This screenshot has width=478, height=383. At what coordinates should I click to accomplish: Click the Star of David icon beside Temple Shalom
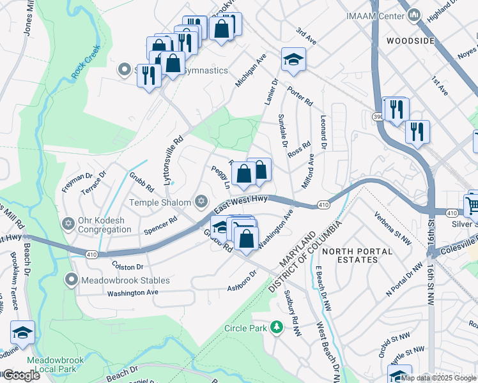pyautogui.click(x=201, y=202)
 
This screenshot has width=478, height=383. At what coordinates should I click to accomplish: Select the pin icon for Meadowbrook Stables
pyautogui.click(x=73, y=280)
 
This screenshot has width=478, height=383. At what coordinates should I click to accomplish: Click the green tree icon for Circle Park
pyautogui.click(x=277, y=328)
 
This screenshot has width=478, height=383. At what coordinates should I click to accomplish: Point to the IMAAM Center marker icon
pyautogui.click(x=414, y=15)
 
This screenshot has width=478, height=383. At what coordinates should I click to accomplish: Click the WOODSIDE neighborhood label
pyautogui.click(x=411, y=41)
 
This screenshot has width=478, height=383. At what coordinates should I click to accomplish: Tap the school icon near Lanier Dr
pyautogui.click(x=293, y=59)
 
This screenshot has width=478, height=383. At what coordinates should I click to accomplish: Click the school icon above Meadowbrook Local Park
pyautogui.click(x=22, y=333)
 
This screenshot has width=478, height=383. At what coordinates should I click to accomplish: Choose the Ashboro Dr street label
pyautogui.click(x=242, y=282)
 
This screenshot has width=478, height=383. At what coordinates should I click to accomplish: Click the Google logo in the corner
pyautogui.click(x=21, y=375)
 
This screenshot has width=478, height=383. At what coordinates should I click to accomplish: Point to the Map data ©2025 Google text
pyautogui.click(x=438, y=377)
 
